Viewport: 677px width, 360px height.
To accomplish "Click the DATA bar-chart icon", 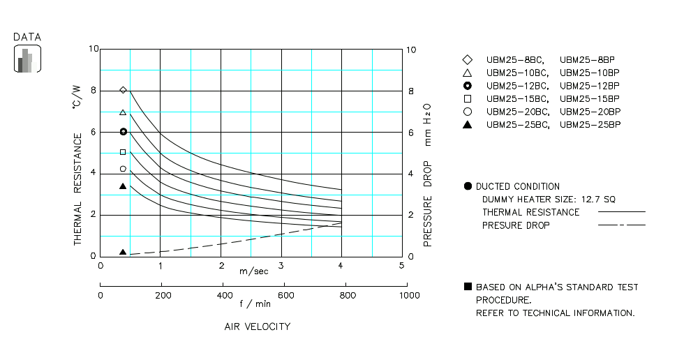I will pyautogui.click(x=28, y=59).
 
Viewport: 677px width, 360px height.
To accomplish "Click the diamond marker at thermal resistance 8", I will pyautogui.click(x=124, y=90).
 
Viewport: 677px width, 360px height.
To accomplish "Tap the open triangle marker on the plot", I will pyautogui.click(x=124, y=112).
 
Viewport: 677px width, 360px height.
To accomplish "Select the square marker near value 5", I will pyautogui.click(x=124, y=152).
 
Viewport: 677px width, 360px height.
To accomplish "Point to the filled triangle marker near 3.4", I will pyautogui.click(x=124, y=186).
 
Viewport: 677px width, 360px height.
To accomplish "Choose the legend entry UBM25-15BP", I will pyautogui.click(x=590, y=98).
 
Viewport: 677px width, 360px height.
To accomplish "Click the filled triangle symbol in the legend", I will pyautogui.click(x=468, y=124).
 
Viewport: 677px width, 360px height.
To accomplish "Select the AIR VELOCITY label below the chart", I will pyautogui.click(x=257, y=327).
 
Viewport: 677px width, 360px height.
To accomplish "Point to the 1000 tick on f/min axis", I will pyautogui.click(x=409, y=295).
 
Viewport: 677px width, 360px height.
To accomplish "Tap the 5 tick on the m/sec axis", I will pyautogui.click(x=401, y=266).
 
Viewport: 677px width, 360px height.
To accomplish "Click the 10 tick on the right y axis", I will pyautogui.click(x=411, y=50).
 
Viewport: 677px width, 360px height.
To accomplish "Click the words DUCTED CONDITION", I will pyautogui.click(x=517, y=186).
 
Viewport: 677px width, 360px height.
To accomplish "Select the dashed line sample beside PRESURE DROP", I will pyautogui.click(x=621, y=225).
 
